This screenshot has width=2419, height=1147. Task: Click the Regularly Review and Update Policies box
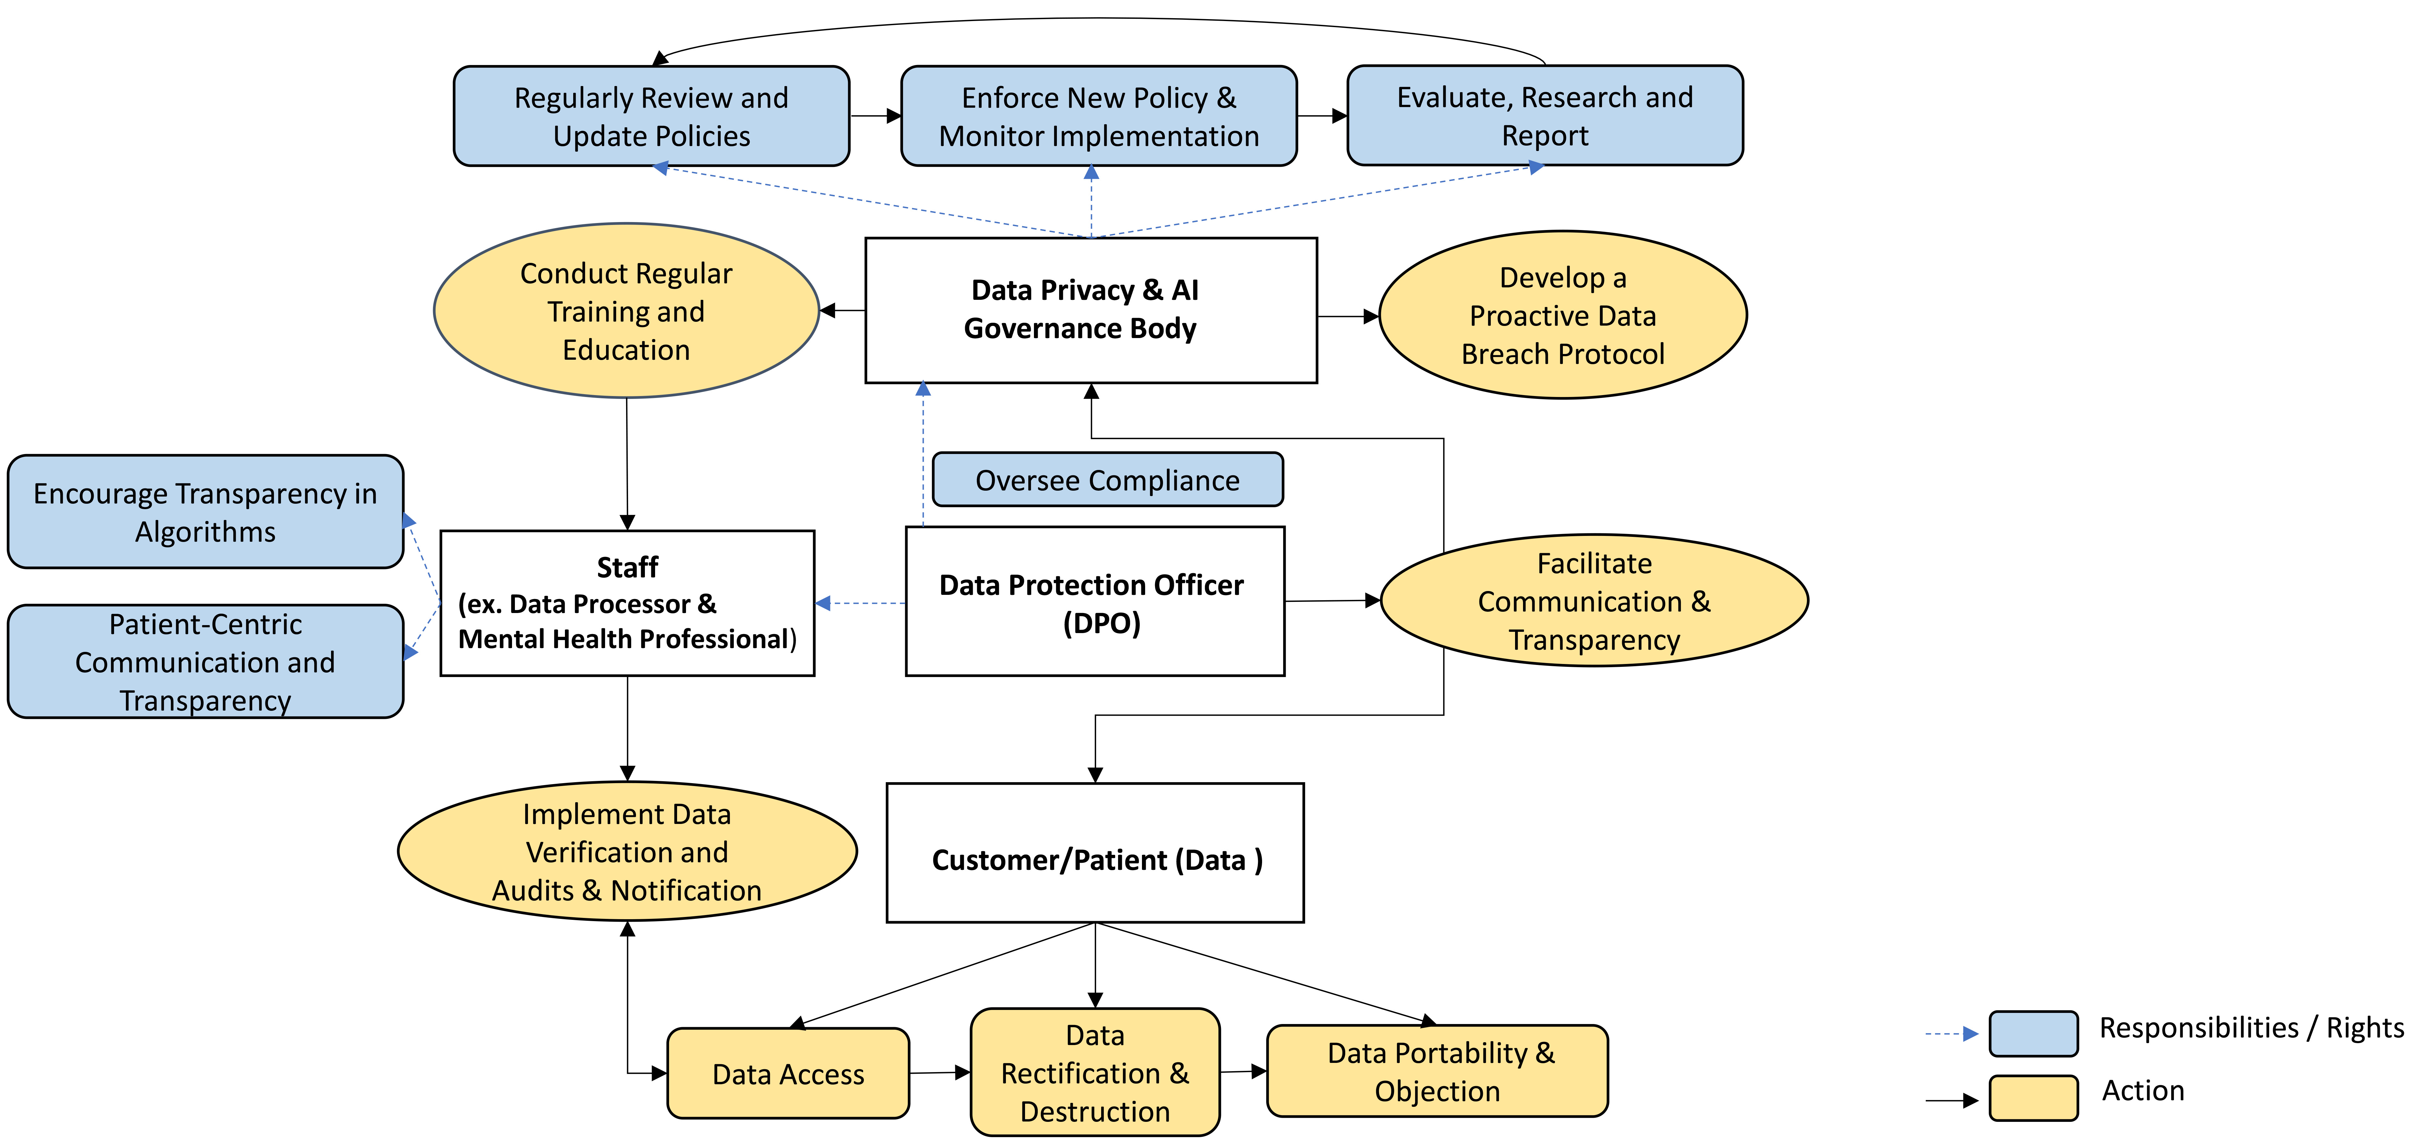(651, 117)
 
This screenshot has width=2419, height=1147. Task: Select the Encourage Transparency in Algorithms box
(206, 512)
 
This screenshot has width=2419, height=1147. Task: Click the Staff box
(627, 603)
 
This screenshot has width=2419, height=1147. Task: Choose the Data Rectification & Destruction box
(1095, 1073)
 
